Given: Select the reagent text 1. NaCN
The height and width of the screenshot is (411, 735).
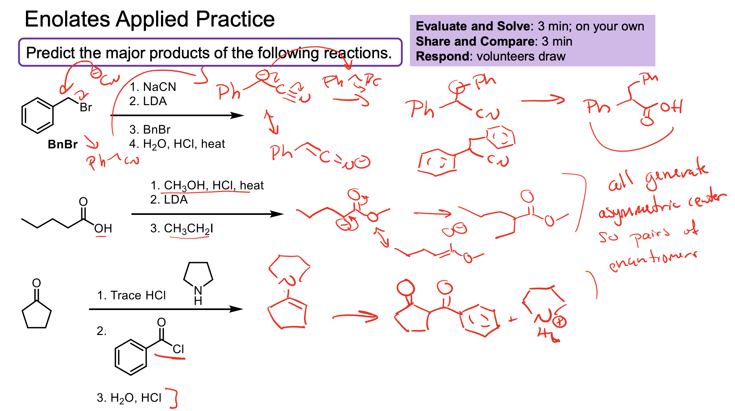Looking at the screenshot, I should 153,87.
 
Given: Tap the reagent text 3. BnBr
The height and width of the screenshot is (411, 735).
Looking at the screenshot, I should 150,129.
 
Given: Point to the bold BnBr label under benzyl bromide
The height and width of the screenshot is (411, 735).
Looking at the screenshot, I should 62,144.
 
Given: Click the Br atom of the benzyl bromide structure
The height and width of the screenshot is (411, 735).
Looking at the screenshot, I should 86,107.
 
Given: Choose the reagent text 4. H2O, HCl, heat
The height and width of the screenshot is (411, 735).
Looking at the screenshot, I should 177,144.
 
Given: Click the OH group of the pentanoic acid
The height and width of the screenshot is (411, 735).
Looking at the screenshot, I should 103,228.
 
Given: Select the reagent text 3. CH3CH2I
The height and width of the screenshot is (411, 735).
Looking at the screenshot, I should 181,228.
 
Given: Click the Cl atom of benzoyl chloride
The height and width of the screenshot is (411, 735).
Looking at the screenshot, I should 178,349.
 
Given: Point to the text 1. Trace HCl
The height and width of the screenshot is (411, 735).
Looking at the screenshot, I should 131,295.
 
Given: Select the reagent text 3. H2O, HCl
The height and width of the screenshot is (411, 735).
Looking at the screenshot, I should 129,398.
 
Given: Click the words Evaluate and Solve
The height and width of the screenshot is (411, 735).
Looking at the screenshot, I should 473,26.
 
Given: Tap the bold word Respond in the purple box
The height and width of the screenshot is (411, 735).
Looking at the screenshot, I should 442,56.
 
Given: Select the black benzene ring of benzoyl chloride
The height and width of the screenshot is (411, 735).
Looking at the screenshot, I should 131,357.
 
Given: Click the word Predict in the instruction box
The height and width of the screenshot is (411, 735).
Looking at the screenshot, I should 50,53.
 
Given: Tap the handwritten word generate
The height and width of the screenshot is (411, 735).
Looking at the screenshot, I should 677,175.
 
